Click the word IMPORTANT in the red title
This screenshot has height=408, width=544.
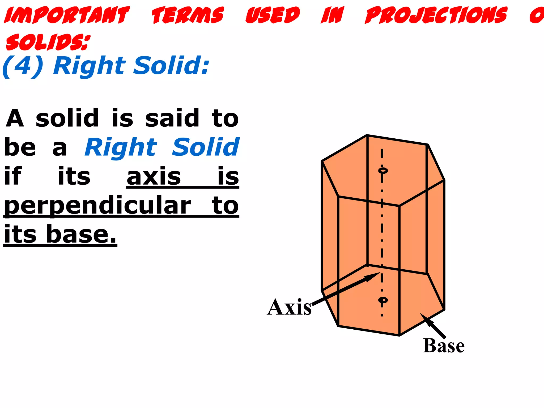pos(67,15)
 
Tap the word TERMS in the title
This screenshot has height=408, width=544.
pos(188,15)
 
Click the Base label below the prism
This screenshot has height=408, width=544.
pos(444,346)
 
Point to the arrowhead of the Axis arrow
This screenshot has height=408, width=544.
pos(373,276)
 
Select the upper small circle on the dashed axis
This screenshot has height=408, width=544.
pos(383,170)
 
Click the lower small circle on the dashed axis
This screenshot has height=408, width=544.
pos(383,300)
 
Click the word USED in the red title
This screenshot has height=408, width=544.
pos(273,15)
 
